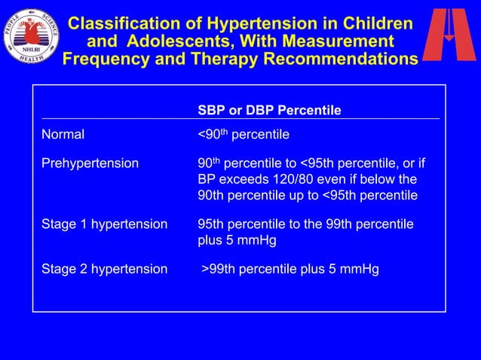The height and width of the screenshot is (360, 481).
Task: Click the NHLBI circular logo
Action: tap(31, 35)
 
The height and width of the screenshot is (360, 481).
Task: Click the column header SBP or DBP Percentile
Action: tap(269, 111)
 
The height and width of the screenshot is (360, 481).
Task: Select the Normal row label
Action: tap(63, 135)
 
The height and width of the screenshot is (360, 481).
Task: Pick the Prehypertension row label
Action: tap(90, 163)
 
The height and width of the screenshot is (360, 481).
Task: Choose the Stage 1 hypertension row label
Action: tap(104, 224)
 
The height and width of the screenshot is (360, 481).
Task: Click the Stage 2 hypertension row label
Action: tap(104, 269)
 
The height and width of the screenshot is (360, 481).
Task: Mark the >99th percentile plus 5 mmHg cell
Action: tap(291, 269)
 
